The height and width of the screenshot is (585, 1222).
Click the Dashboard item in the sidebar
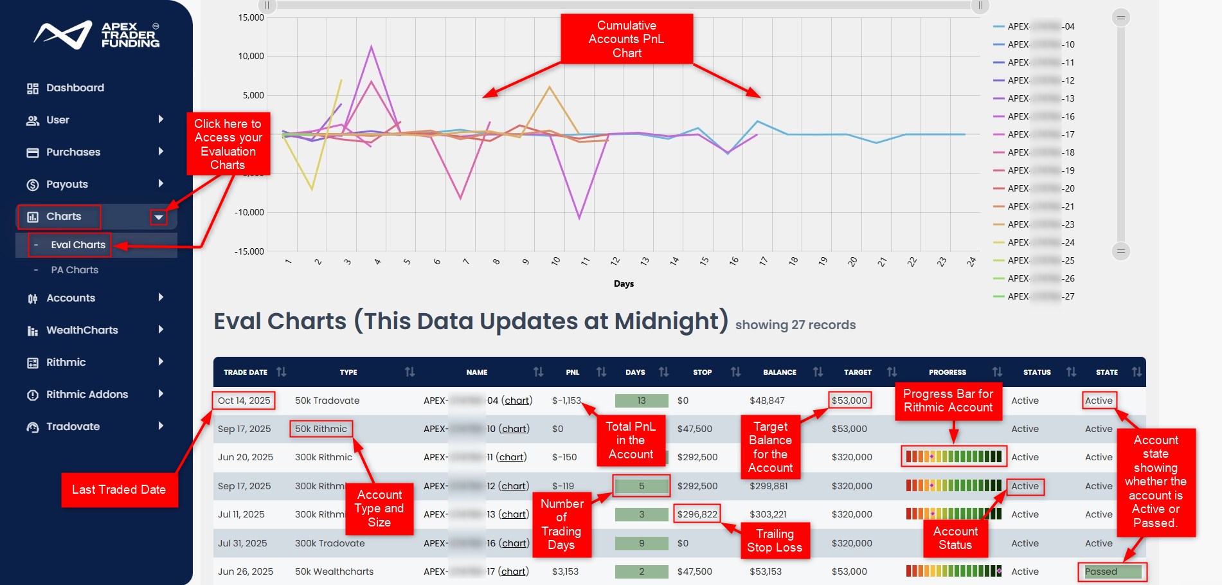[75, 88]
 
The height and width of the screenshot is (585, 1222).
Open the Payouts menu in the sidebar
[67, 184]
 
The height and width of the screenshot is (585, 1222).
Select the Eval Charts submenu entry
[78, 245]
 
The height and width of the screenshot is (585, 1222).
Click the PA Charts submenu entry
[75, 270]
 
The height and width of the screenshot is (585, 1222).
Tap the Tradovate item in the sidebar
[73, 427]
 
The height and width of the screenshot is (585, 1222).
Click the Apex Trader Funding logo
[96, 35]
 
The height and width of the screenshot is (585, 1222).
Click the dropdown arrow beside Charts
[158, 217]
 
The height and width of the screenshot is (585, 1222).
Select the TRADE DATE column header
[246, 372]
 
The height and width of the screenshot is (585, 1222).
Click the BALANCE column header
[779, 372]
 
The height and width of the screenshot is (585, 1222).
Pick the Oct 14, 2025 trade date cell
[244, 401]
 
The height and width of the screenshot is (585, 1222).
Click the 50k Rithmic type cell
[321, 429]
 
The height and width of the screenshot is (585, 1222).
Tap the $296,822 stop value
[697, 514]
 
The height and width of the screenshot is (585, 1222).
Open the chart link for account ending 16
[514, 543]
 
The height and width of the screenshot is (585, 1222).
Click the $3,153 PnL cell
[565, 571]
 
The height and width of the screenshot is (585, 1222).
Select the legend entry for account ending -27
[1035, 296]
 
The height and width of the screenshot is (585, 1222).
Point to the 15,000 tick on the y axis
[251, 17]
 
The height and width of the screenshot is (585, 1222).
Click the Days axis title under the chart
[624, 283]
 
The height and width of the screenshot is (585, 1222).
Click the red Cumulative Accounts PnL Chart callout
[627, 39]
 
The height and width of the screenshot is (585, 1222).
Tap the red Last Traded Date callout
[119, 490]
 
